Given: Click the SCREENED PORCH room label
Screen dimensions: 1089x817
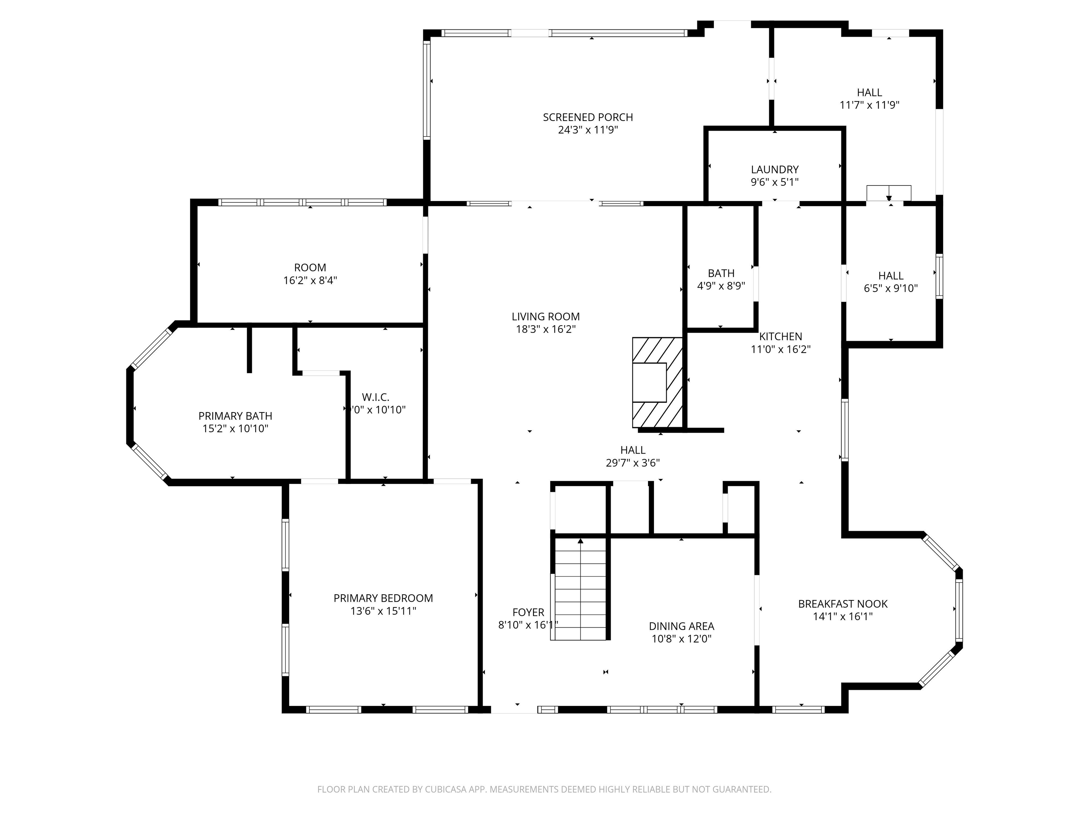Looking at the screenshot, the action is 588,117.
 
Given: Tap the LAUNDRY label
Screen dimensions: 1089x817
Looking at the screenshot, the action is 775,169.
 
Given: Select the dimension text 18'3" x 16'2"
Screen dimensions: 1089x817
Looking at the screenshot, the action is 546,329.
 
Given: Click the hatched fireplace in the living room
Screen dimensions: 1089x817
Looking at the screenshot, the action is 658,382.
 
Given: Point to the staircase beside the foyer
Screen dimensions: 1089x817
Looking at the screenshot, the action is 580,589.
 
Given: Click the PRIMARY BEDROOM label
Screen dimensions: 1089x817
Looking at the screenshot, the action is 383,598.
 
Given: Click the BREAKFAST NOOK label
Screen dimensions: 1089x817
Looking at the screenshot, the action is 843,604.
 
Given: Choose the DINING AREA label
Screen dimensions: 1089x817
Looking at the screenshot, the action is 681,627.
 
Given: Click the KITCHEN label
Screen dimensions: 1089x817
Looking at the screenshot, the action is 780,337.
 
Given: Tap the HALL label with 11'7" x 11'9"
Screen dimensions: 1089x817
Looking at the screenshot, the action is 870,93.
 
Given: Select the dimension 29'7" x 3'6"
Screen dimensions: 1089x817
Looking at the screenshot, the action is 633,463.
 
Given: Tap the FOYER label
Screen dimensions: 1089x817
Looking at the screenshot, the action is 528,613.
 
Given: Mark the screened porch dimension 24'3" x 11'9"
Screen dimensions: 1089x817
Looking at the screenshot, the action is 588,130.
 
